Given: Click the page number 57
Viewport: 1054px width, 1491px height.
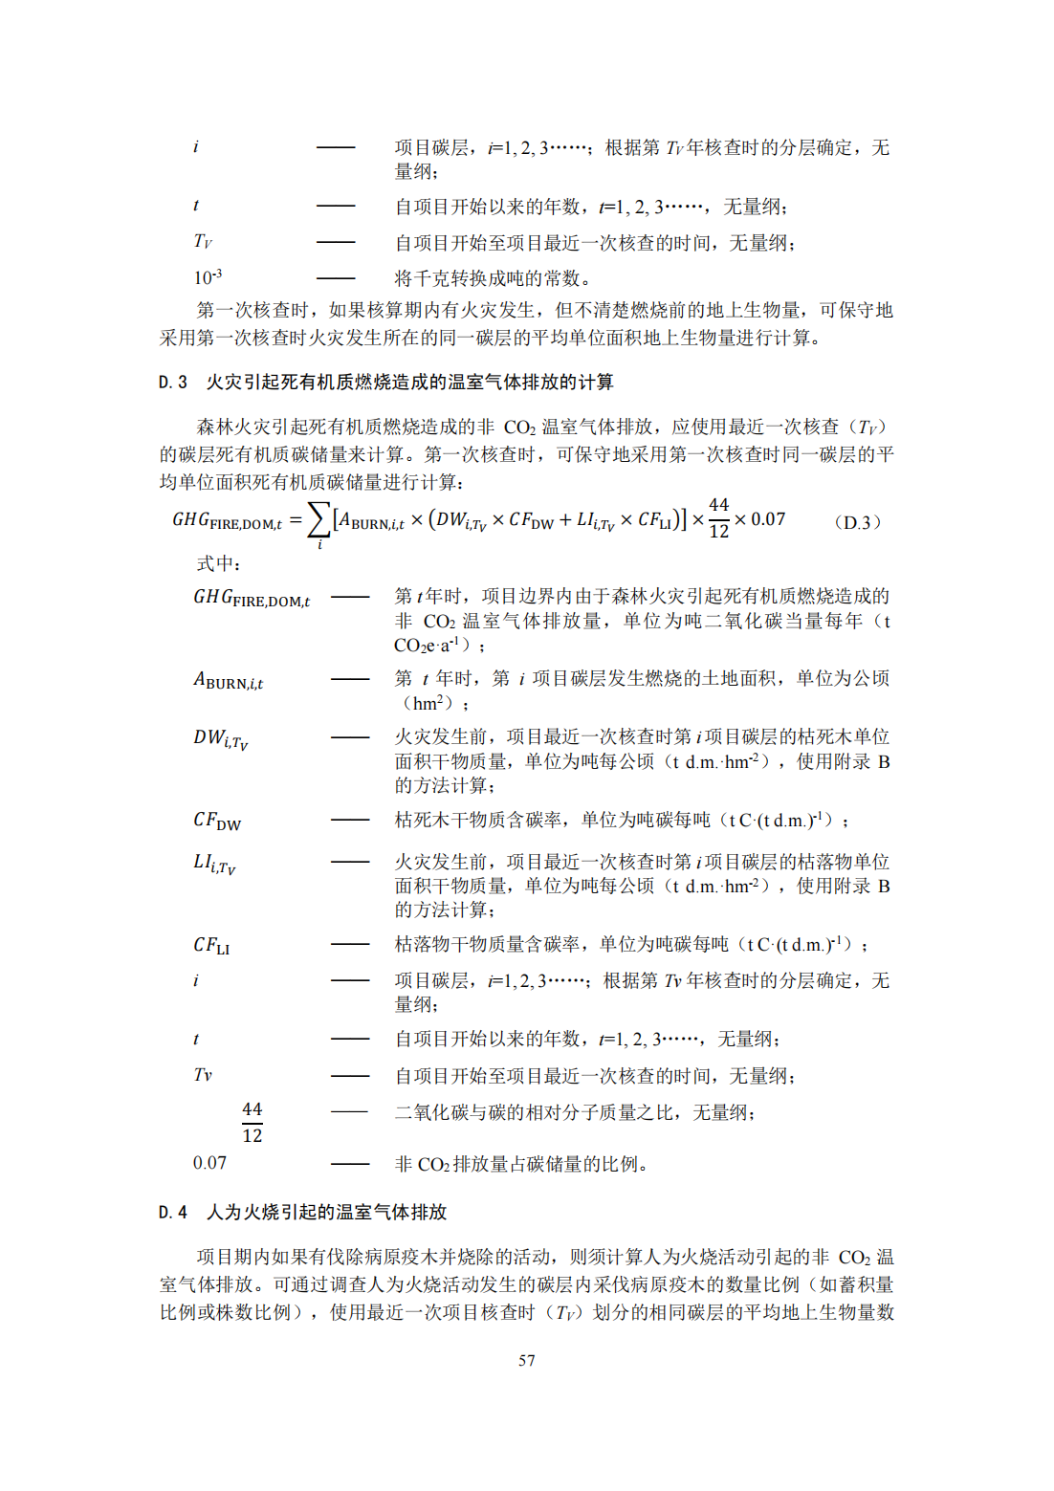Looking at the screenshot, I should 526,1360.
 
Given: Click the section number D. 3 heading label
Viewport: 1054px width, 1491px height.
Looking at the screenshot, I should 173,383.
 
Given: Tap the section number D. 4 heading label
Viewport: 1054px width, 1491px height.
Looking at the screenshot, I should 173,1212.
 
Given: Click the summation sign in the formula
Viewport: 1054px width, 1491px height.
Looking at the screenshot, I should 318,522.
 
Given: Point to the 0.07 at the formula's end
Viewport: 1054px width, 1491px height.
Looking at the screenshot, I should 768,519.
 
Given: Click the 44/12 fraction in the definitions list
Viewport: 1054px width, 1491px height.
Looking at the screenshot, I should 252,1122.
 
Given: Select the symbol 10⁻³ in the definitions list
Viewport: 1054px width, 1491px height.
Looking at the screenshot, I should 208,277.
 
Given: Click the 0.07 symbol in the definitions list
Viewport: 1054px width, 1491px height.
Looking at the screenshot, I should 209,1163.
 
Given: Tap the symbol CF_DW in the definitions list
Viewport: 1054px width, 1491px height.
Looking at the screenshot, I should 217,821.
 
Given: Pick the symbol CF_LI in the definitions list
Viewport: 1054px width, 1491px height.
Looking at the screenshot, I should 211,945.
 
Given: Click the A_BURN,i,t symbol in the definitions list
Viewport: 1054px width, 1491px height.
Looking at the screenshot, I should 228,680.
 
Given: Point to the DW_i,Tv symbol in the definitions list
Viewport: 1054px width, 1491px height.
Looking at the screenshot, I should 220,738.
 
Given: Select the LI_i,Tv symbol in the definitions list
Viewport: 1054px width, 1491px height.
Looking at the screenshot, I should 214,863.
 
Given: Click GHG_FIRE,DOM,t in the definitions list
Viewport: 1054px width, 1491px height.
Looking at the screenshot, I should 251,598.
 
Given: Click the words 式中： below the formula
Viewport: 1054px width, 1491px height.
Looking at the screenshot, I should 219,564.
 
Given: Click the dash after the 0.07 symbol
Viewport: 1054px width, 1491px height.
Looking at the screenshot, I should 350,1164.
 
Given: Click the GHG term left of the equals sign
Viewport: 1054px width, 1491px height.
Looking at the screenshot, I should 227,520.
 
